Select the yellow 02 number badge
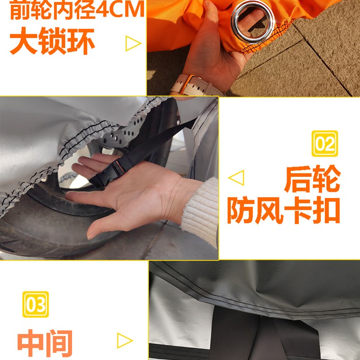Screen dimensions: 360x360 [324, 144]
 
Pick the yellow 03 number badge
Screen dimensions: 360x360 [35, 305]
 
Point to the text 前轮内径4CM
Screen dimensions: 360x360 [77, 11]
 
